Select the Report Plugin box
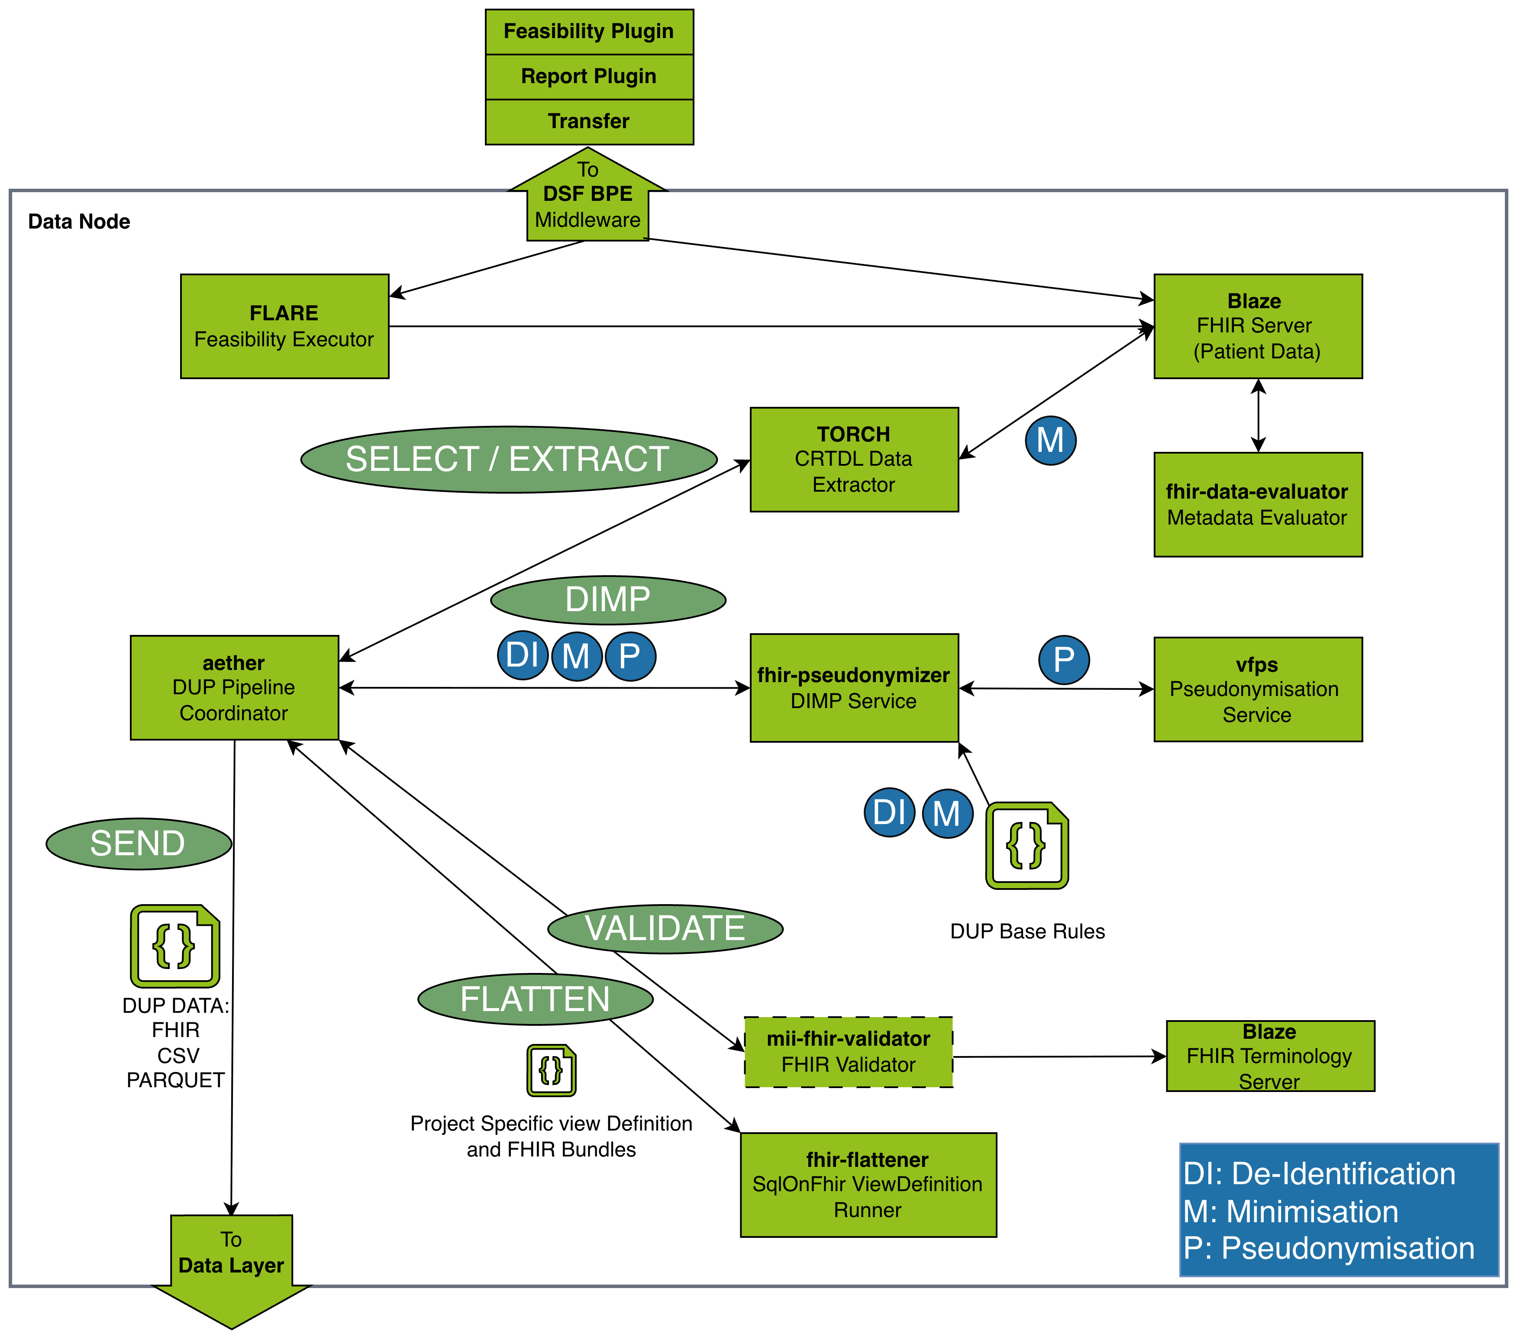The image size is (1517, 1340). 588,77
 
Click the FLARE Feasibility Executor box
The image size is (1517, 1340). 284,326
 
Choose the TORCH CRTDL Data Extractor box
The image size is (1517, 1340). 853,459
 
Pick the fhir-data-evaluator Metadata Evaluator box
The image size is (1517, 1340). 1257,505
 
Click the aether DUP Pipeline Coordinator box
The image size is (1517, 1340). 234,688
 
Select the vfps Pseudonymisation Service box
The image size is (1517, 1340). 1257,689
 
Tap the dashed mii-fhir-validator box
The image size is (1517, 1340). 848,1052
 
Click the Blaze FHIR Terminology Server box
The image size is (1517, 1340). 1270,1056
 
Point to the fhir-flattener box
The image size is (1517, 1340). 868,1185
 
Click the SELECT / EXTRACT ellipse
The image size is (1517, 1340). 508,459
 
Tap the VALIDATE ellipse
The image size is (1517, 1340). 665,929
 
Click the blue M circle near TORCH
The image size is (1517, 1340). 1050,441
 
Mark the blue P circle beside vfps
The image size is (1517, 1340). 1064,660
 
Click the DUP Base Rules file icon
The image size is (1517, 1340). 1026,845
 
